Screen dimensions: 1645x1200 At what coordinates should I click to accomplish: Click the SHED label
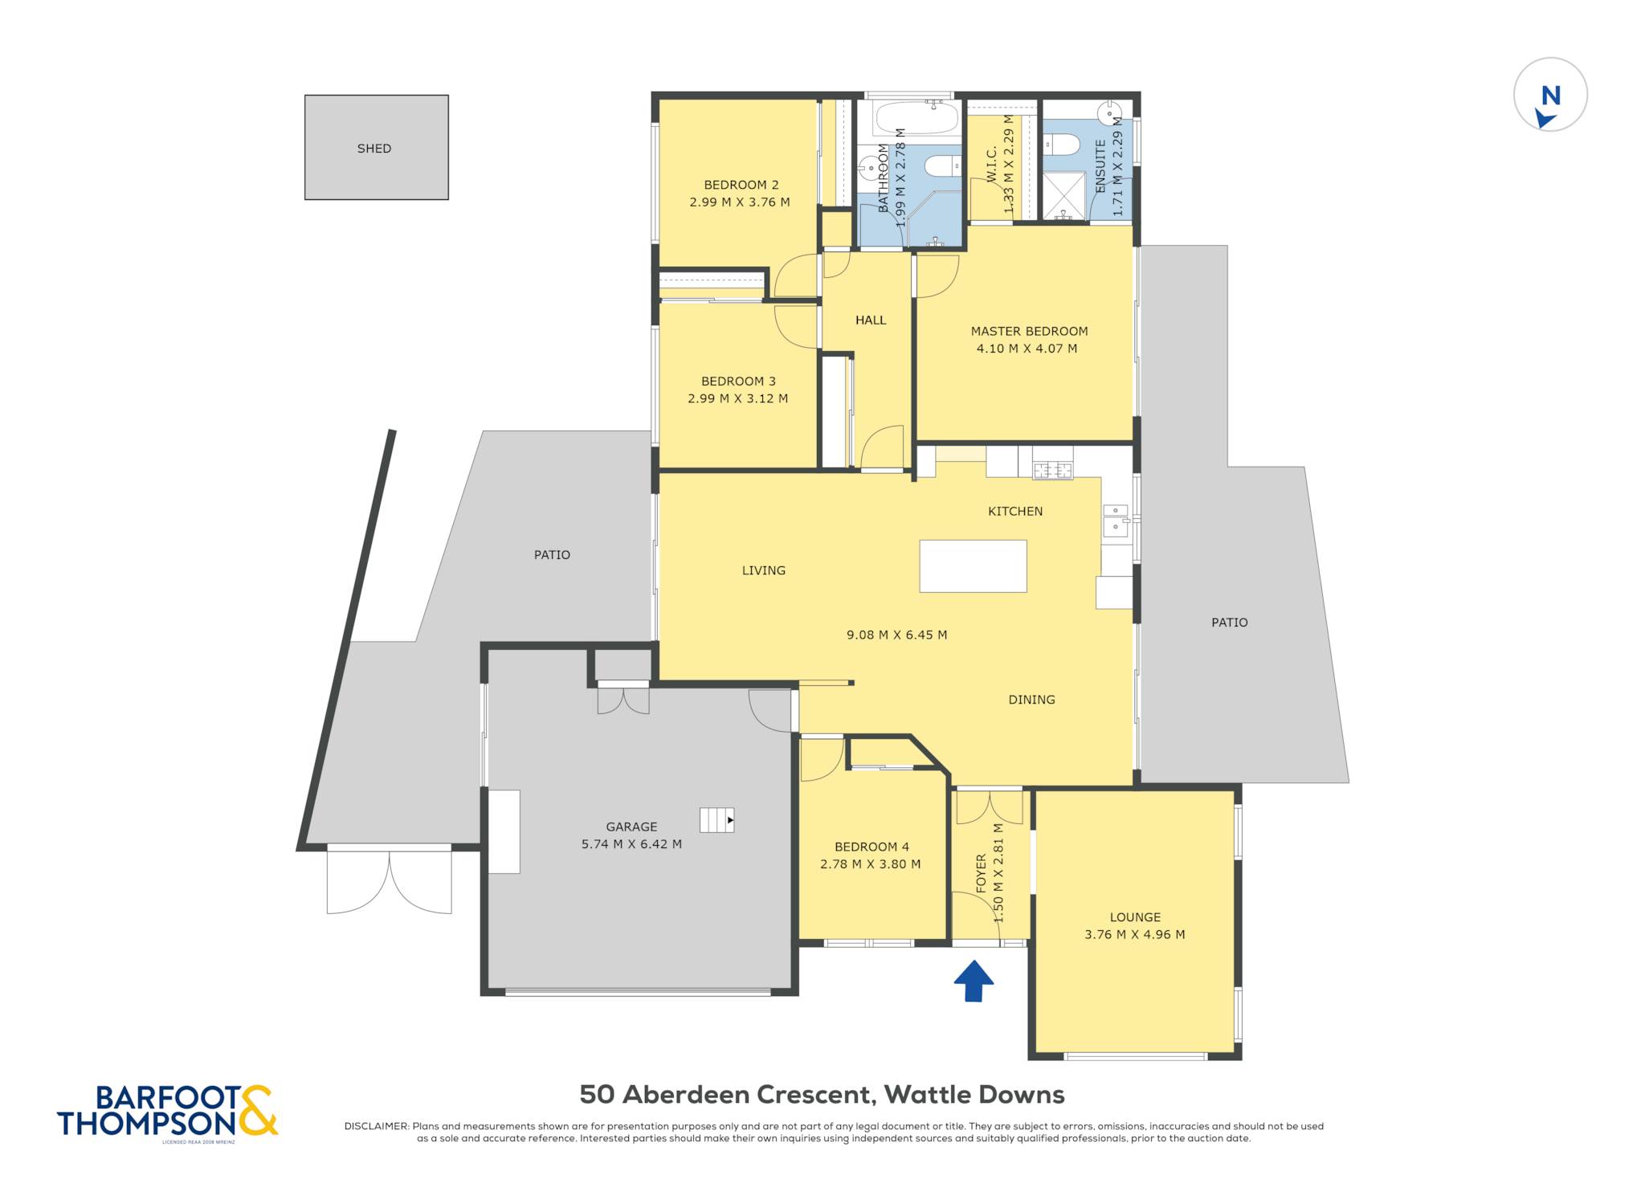click(x=374, y=149)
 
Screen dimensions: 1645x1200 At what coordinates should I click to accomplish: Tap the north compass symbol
click(x=1550, y=95)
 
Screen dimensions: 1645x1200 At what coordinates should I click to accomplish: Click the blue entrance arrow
click(x=974, y=981)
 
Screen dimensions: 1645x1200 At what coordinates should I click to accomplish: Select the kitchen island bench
click(x=973, y=566)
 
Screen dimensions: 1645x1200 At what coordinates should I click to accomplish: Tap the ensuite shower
click(x=1063, y=195)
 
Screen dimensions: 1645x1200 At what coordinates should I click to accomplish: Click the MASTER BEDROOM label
click(x=1029, y=331)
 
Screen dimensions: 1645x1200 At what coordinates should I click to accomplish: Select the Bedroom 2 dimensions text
click(x=740, y=202)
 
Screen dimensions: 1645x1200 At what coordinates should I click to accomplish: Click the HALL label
click(x=871, y=320)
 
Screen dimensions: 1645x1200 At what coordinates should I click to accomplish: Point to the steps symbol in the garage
click(x=716, y=820)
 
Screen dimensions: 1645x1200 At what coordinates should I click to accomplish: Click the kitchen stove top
click(x=1052, y=471)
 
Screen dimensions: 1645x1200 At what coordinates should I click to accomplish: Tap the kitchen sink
click(x=1116, y=520)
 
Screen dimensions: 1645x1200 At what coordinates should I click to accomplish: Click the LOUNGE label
click(x=1135, y=917)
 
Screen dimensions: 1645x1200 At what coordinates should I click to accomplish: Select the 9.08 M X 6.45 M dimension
click(x=896, y=635)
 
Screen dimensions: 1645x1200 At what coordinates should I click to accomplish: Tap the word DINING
click(x=1031, y=700)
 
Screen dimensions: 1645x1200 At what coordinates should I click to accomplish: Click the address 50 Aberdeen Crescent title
click(x=822, y=1095)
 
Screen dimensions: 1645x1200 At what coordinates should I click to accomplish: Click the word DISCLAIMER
click(x=377, y=1126)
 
